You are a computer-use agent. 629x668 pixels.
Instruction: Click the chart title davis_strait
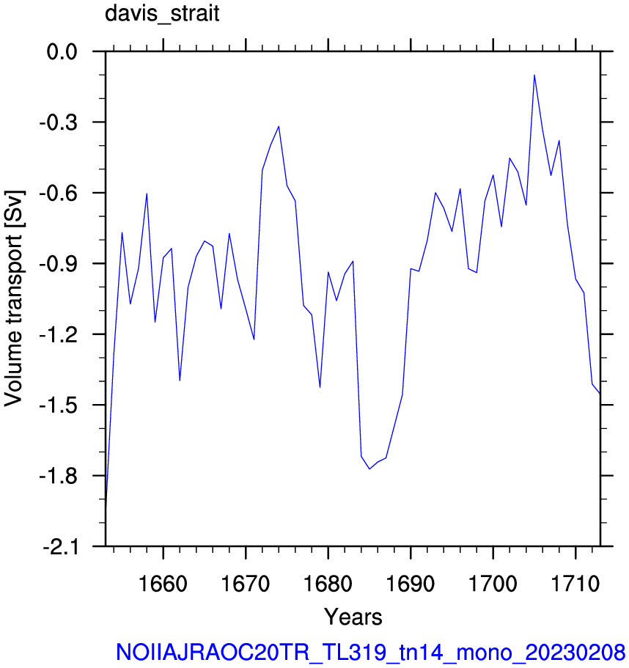162,13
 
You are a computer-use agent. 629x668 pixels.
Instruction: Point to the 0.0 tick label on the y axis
62,52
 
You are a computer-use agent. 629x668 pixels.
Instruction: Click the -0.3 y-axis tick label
59,122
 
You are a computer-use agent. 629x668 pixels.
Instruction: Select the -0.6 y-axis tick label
59,194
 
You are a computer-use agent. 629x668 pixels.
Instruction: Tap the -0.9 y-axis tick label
59,264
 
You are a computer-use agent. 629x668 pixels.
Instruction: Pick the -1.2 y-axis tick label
59,335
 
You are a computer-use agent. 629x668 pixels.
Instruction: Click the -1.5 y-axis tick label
59,405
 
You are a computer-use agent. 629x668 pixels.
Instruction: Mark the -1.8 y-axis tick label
59,476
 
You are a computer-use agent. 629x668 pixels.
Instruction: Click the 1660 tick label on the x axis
163,583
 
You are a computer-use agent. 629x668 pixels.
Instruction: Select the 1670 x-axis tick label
246,583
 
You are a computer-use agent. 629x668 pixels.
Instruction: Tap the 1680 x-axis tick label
328,583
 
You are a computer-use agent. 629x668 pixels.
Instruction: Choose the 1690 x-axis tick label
411,583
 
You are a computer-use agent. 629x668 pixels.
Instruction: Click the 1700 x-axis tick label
493,583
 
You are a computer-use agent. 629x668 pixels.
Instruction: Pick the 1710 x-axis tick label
575,583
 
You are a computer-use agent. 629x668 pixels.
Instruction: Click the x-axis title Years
353,617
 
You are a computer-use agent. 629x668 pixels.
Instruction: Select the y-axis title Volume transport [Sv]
14,298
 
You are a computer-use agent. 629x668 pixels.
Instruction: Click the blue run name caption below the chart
370,653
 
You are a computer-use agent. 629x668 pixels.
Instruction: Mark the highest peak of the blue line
534,75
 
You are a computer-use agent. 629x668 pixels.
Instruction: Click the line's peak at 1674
279,126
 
